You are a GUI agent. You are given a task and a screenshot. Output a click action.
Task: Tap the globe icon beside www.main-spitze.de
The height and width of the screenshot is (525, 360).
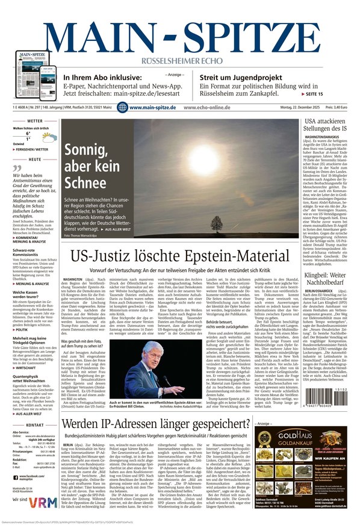pyautogui.click(x=122, y=107)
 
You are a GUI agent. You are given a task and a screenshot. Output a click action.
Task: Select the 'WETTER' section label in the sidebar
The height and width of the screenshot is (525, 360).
pyautogui.click(x=35, y=121)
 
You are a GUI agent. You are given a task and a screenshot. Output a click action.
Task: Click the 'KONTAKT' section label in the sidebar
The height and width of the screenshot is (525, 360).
pyautogui.click(x=35, y=425)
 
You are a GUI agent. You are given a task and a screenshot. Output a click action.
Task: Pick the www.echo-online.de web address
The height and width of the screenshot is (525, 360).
pyautogui.click(x=207, y=107)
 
